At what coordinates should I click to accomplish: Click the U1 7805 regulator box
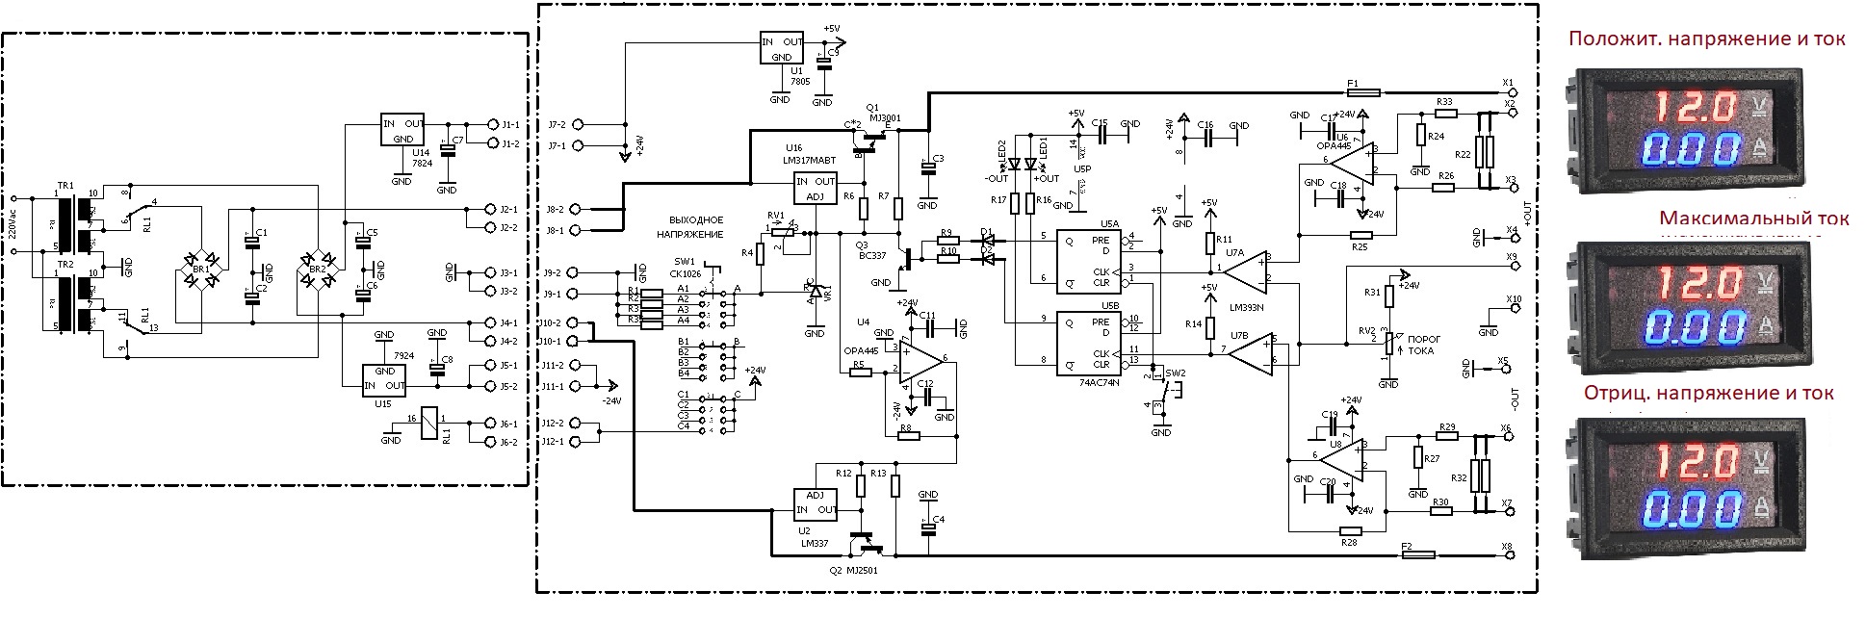click(x=782, y=49)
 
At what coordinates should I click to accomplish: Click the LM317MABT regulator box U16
click(x=815, y=189)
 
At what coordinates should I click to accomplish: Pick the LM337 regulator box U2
click(x=815, y=502)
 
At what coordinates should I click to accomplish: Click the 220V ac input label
click(x=13, y=224)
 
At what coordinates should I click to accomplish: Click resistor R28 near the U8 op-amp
click(x=1351, y=530)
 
